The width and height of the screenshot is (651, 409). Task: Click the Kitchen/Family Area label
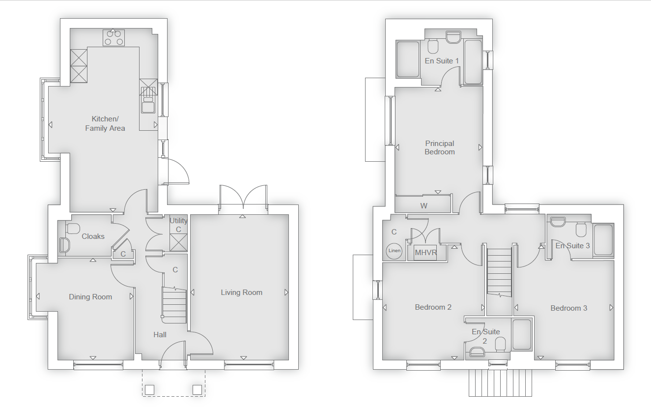pyautogui.click(x=105, y=123)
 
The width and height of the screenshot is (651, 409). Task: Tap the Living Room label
pyautogui.click(x=242, y=292)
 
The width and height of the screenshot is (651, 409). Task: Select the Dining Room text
pyautogui.click(x=90, y=297)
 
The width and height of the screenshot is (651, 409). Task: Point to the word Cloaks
pyautogui.click(x=93, y=236)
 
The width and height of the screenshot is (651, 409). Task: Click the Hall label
pyautogui.click(x=160, y=335)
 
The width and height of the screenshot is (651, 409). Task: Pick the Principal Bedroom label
pyautogui.click(x=439, y=147)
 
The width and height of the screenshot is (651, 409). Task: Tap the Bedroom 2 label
pyautogui.click(x=433, y=307)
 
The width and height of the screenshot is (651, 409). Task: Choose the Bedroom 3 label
pyautogui.click(x=569, y=308)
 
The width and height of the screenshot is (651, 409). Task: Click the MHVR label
pyautogui.click(x=426, y=253)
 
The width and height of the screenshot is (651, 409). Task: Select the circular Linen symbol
pyautogui.click(x=394, y=251)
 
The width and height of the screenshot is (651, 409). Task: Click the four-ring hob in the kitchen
pyautogui.click(x=113, y=38)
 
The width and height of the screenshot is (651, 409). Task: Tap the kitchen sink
pyautogui.click(x=148, y=105)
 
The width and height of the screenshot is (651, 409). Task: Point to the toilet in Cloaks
pyautogui.click(x=73, y=229)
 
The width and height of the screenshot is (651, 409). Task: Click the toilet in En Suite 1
pyautogui.click(x=433, y=47)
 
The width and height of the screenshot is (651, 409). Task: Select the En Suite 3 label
pyautogui.click(x=572, y=246)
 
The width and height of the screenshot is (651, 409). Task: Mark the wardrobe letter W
pyautogui.click(x=424, y=206)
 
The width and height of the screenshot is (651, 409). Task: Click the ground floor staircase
pyautogui.click(x=174, y=305)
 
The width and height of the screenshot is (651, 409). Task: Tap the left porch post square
pyautogui.click(x=149, y=390)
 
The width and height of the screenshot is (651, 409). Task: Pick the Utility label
pyautogui.click(x=178, y=221)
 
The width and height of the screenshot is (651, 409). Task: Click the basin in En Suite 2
pyautogui.click(x=477, y=352)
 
